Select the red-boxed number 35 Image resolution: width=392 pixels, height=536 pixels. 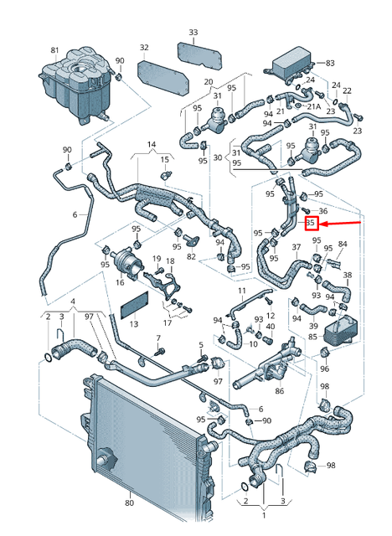pyautogui.click(x=310, y=224)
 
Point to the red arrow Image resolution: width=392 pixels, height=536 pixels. pyautogui.click(x=343, y=224)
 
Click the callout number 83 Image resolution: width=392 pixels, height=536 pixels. pyautogui.click(x=329, y=63)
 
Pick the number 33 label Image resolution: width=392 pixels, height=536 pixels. pyautogui.click(x=193, y=33)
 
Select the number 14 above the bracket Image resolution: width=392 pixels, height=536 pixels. pyautogui.click(x=152, y=145)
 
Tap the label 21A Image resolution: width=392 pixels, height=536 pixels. pyautogui.click(x=313, y=107)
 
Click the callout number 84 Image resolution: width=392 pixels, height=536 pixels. pyautogui.click(x=342, y=245)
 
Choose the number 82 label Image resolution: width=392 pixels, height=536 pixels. pyautogui.click(x=192, y=255)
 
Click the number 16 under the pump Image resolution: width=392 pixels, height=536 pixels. pyautogui.click(x=120, y=282)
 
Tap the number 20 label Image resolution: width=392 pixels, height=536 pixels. pyautogui.click(x=209, y=82)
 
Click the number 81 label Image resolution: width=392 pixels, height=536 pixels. pyautogui.click(x=55, y=50)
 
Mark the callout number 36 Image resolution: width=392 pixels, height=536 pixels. pyautogui.click(x=322, y=210)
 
